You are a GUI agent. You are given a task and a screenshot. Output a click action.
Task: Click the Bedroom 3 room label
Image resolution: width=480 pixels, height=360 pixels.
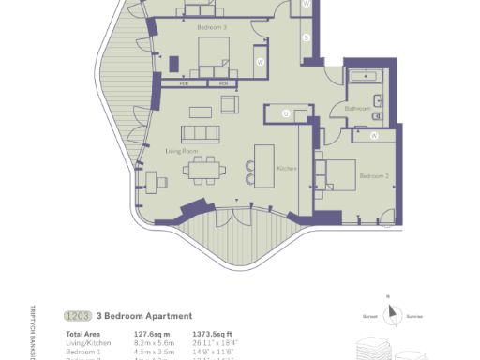coord(212,29)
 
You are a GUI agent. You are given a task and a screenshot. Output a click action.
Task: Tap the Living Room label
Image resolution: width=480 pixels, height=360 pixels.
coord(180,149)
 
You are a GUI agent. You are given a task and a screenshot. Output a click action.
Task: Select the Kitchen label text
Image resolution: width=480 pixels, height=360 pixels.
coord(287,168)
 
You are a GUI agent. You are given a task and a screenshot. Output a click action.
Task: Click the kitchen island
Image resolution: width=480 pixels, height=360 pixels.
coord(264,166)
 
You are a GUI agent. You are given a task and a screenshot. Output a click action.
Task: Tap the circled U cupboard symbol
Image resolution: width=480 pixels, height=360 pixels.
coord(286,114)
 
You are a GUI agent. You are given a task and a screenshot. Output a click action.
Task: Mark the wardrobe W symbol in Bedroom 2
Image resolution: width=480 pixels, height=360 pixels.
coord(374,136)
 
